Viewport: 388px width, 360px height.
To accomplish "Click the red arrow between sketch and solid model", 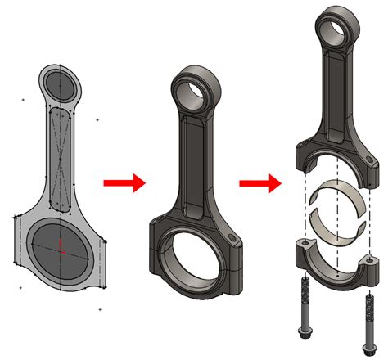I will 124,182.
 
